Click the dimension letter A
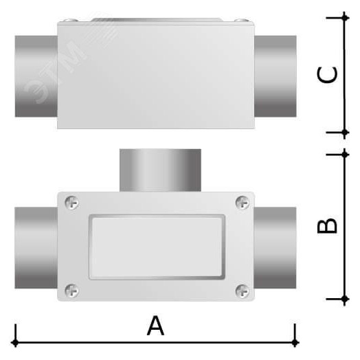156,326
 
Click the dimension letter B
328,226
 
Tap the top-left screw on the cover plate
72,202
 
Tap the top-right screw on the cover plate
242,202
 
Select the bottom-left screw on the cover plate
72,291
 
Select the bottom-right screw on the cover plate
242,291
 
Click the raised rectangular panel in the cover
156,247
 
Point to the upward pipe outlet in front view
160,170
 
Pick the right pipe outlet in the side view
276,76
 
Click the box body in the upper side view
157,76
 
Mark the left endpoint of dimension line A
15,341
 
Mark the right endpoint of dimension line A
295,341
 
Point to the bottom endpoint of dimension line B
345,300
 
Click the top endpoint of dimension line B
345,154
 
